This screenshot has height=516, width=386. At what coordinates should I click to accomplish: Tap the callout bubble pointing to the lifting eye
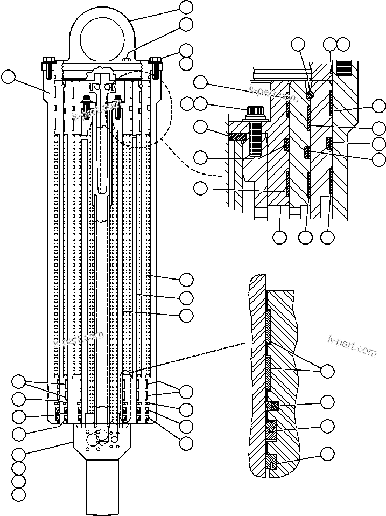(186, 7)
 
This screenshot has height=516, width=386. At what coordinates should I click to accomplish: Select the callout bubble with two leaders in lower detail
(327, 371)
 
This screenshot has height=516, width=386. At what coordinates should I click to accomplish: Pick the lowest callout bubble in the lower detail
(327, 454)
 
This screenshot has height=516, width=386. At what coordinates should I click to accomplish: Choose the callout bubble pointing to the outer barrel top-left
(9, 76)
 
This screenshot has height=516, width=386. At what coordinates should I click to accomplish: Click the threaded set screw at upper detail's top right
(342, 67)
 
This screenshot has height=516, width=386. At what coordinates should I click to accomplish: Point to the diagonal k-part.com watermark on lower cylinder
(79, 339)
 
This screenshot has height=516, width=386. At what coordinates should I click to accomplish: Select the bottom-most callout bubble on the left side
(19, 494)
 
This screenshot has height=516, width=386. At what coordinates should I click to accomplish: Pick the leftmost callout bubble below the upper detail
(280, 236)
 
